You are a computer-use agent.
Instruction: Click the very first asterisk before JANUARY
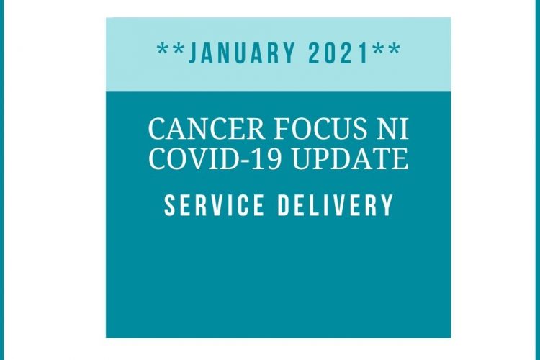pyautogui.click(x=163, y=49)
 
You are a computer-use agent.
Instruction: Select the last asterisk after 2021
pyautogui.click(x=395, y=49)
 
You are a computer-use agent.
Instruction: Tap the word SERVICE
pyautogui.click(x=214, y=205)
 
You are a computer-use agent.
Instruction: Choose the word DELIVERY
pyautogui.click(x=335, y=205)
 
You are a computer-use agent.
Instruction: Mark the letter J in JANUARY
pyautogui.click(x=194, y=53)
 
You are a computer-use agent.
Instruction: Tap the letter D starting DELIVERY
pyautogui.click(x=284, y=205)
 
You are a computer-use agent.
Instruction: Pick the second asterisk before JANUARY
pyautogui.click(x=179, y=49)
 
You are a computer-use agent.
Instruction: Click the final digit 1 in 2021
pyautogui.click(x=364, y=53)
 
